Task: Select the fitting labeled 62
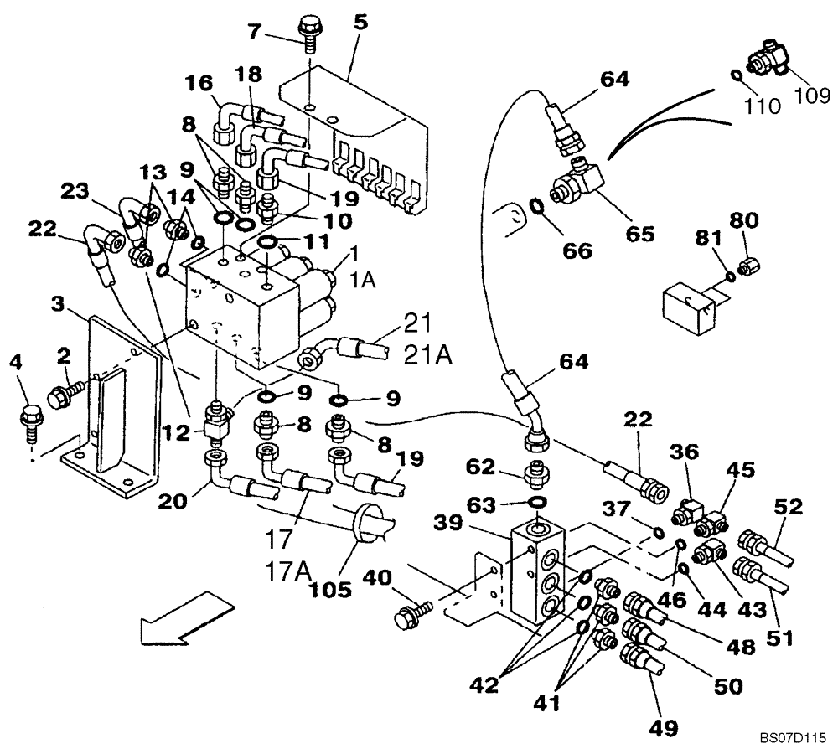click(x=537, y=475)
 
